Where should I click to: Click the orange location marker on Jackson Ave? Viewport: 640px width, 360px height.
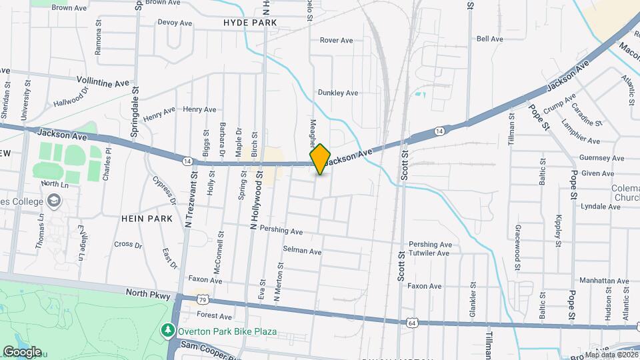tap(321, 159)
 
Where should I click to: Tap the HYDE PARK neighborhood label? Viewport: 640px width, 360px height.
tap(250, 23)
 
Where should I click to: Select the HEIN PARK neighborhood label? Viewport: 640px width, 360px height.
tap(147, 218)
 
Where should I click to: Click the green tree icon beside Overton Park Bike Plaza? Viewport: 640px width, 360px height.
tap(168, 330)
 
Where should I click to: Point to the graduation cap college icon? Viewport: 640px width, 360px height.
tap(53, 201)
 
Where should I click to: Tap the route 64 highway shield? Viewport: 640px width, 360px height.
tap(413, 323)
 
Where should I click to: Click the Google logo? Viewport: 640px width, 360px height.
tap(22, 351)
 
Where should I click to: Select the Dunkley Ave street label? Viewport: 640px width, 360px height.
tap(338, 93)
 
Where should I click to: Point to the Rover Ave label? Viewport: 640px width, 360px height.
tap(336, 41)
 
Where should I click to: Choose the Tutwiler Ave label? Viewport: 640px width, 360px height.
tap(430, 253)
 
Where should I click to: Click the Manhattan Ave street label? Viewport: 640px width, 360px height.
tap(604, 281)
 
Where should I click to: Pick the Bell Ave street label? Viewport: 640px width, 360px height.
tap(490, 39)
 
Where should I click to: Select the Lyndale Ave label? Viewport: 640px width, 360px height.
tap(601, 207)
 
